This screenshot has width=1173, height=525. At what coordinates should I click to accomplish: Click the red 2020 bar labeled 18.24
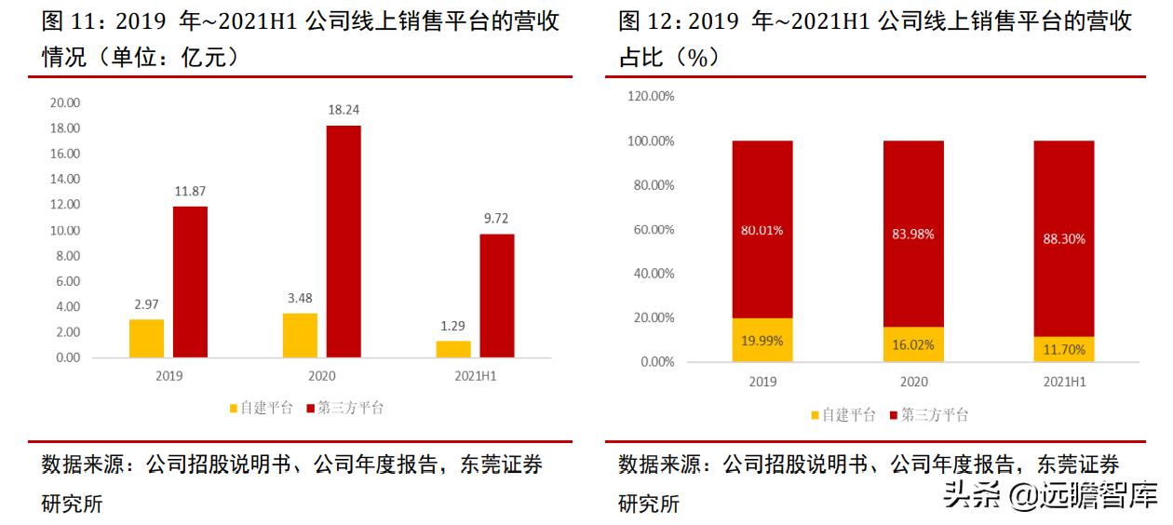344,241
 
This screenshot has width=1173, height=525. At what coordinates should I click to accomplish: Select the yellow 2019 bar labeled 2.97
146,338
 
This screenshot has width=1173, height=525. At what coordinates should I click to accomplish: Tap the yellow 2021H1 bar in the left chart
453,348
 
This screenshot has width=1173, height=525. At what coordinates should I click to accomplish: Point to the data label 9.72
496,219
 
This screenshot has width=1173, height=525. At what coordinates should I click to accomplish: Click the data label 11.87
190,191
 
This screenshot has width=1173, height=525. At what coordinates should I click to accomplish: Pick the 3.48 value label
300,298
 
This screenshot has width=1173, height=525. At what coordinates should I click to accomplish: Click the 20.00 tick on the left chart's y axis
65,102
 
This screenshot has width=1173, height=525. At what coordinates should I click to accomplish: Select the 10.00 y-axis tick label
65,230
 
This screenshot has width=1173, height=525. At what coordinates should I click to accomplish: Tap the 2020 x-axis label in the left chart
321,376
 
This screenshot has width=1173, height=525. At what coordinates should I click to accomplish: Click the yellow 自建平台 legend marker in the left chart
234,408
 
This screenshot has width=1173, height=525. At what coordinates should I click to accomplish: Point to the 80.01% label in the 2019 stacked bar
762,230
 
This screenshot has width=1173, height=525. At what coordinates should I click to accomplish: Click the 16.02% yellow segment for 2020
913,343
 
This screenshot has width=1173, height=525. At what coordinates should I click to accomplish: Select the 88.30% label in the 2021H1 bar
1064,238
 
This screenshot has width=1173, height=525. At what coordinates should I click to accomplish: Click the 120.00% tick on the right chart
650,96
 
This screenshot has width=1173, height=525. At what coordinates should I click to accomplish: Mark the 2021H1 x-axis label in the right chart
1064,382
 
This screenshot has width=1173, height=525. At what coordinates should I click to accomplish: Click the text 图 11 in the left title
69,21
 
